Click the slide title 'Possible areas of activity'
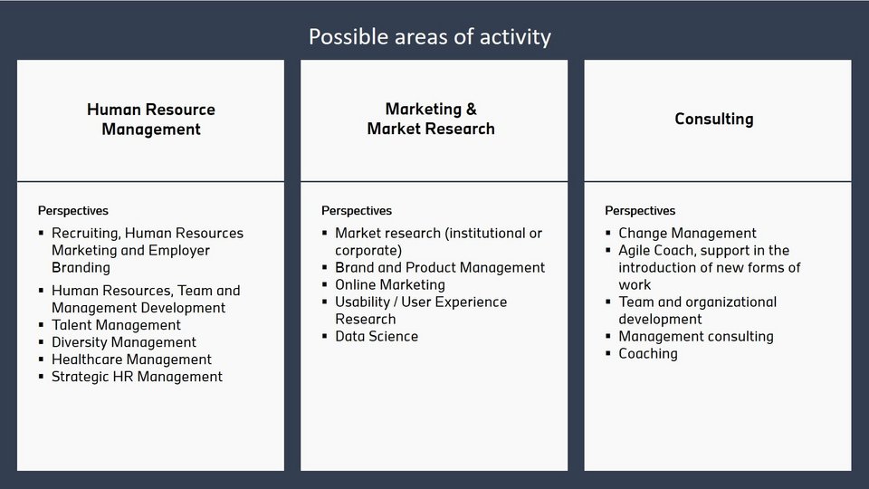tap(429, 37)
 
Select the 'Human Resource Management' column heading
tap(151, 120)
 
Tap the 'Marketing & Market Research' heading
tap(431, 119)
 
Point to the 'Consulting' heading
tap(714, 120)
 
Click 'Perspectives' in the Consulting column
tap(640, 211)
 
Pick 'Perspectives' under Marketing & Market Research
tap(357, 211)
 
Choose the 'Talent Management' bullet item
tap(116, 325)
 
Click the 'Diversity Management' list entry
tap(124, 342)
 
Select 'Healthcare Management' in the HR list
tap(131, 360)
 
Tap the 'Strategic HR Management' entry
tap(137, 377)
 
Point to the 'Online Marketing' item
tap(390, 285)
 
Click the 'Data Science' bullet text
tap(377, 337)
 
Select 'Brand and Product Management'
tap(440, 268)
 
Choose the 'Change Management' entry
tap(687, 234)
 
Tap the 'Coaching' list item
tap(648, 354)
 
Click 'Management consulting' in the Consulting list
tap(696, 337)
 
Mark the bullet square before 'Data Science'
tap(325, 336)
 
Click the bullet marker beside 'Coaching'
tap(608, 353)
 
